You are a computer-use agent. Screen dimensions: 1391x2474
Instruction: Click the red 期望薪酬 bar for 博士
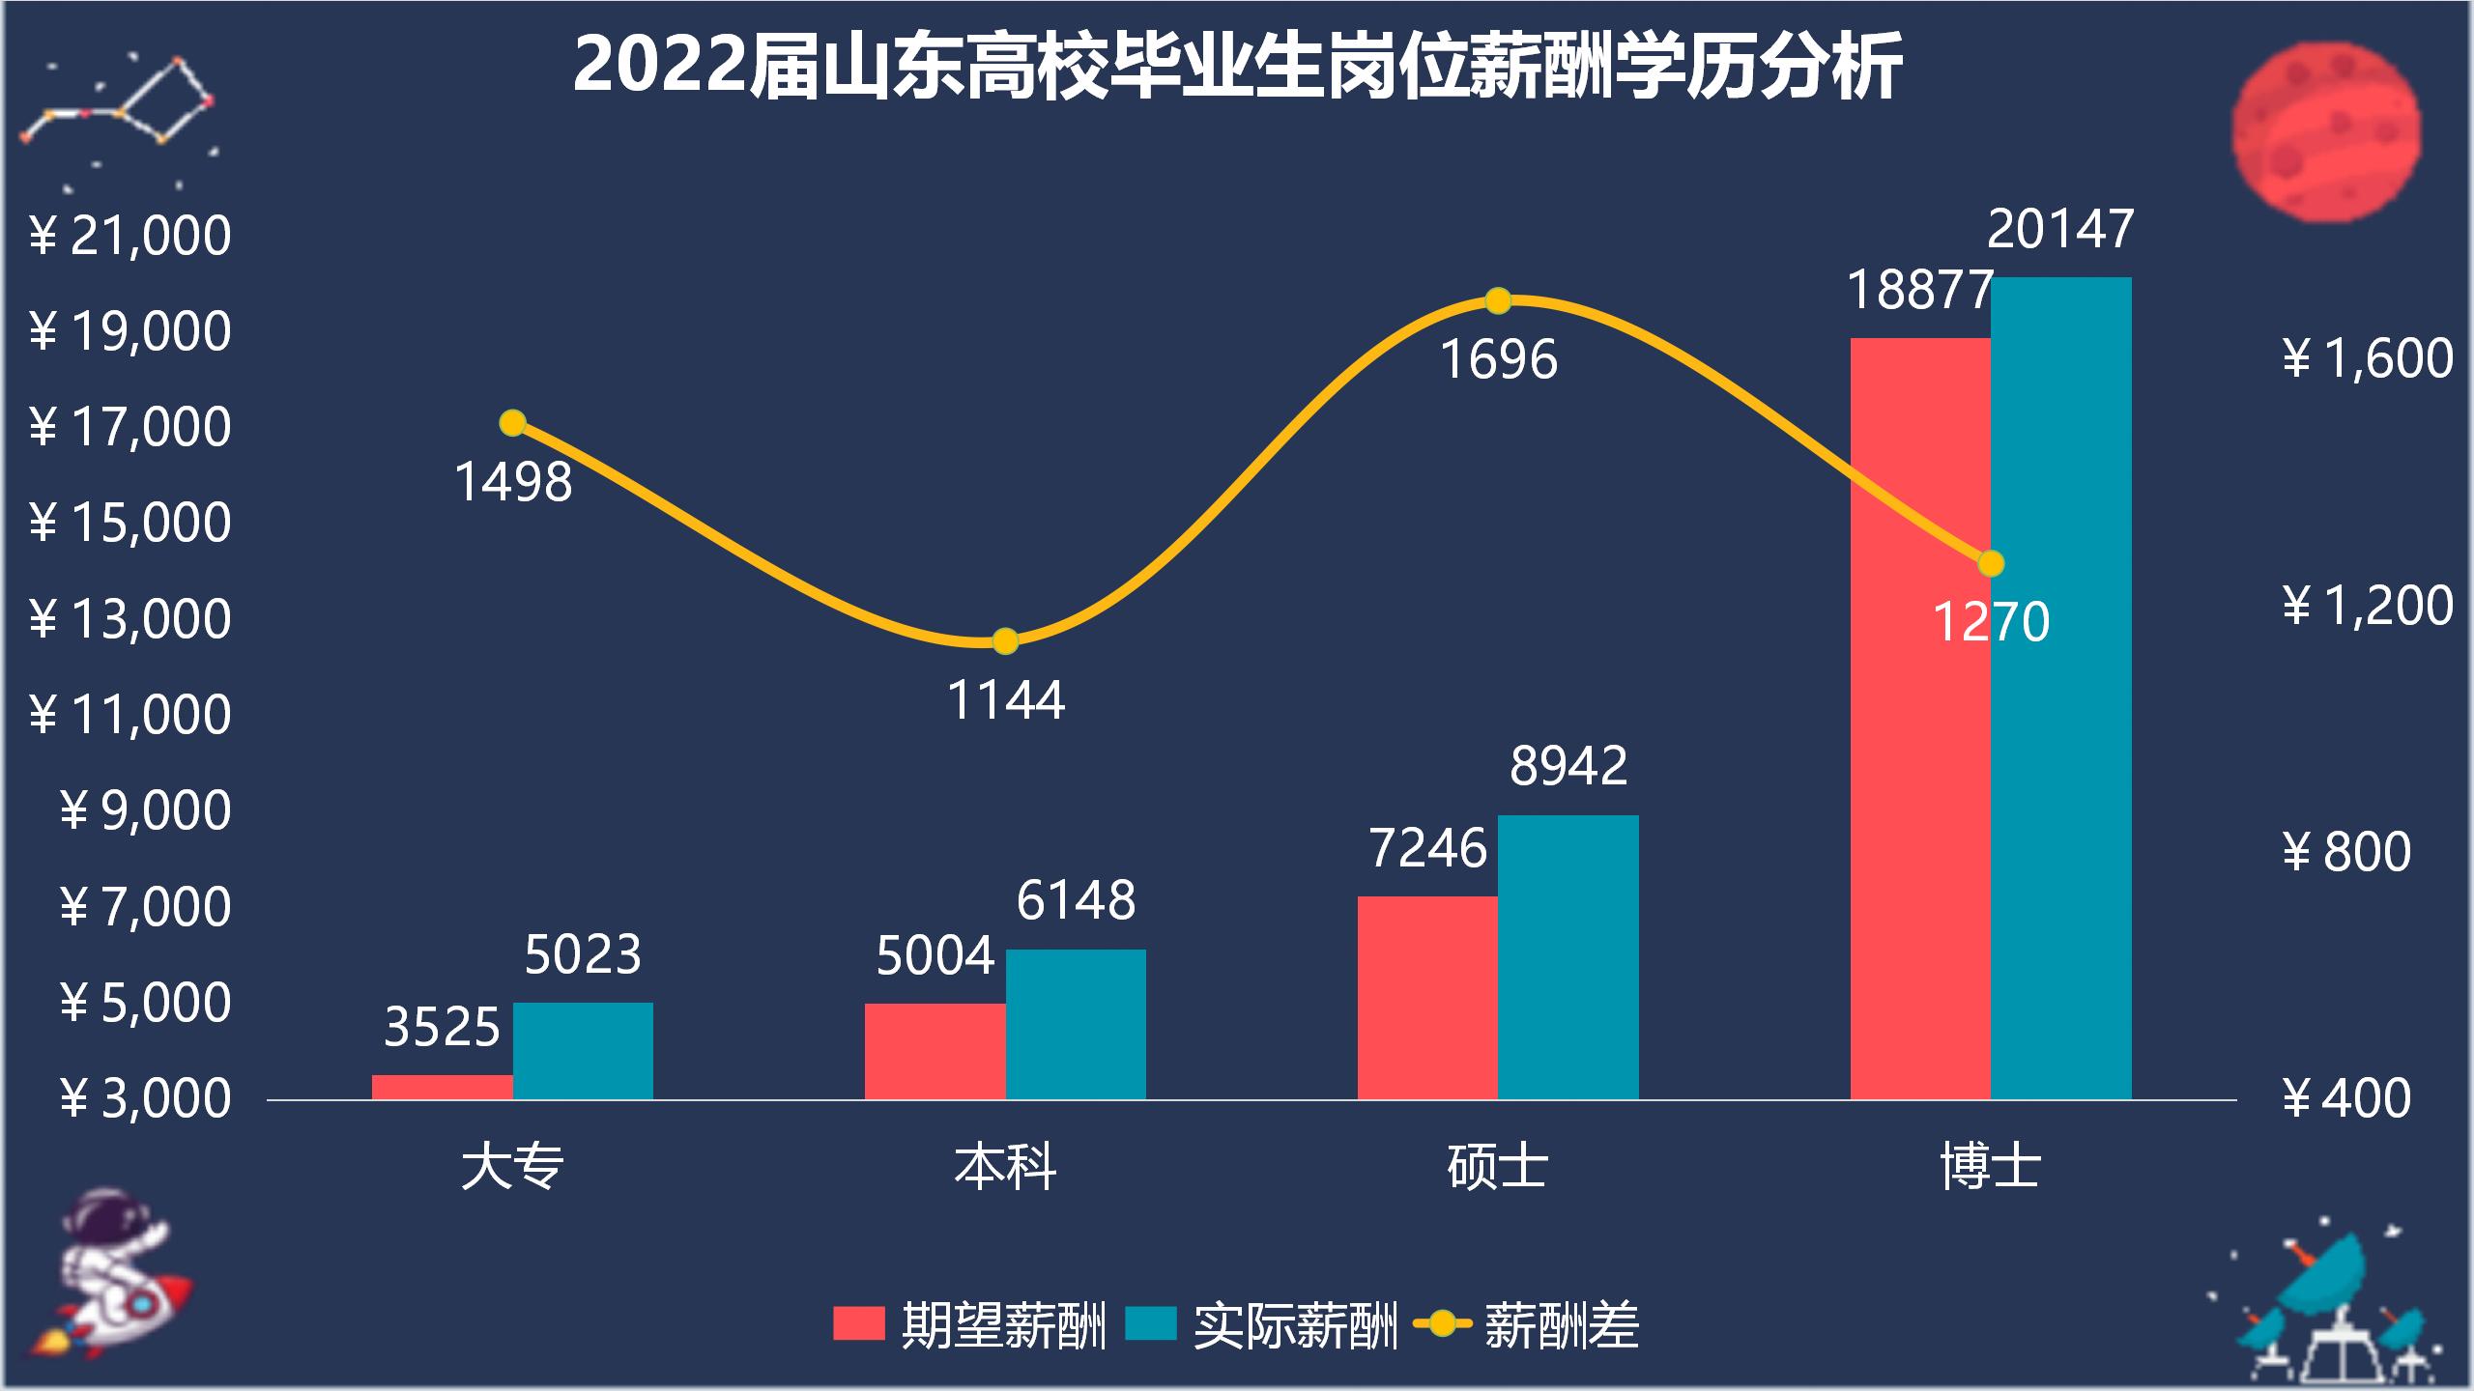(1919, 719)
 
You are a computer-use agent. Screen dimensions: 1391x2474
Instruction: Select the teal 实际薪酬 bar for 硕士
(1568, 956)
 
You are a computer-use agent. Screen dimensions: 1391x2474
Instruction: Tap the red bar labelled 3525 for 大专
(442, 1087)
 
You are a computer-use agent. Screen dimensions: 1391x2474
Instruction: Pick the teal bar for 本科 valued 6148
(1076, 1024)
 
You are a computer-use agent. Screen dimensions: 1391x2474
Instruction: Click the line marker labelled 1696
(1498, 301)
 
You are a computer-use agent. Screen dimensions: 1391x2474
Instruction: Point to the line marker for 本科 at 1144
(1005, 641)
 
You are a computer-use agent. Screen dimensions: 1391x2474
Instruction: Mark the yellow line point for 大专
(512, 423)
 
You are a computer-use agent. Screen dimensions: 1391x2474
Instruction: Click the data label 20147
(2059, 230)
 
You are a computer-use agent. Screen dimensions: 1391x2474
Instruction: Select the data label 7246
(1427, 849)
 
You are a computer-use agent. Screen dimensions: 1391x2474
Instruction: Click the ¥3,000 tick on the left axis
(145, 1099)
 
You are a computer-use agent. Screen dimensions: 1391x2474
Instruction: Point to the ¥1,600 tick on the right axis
(2368, 359)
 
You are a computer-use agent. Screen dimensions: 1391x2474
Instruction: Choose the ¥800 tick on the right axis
(2346, 852)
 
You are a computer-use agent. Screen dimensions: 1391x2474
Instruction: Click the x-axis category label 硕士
(1498, 1167)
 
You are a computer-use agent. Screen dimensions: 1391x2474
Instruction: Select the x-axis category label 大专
(512, 1167)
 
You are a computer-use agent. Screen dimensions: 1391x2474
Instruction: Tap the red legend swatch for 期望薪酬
(858, 1323)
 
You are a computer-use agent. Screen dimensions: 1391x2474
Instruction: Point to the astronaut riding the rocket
(111, 1270)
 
